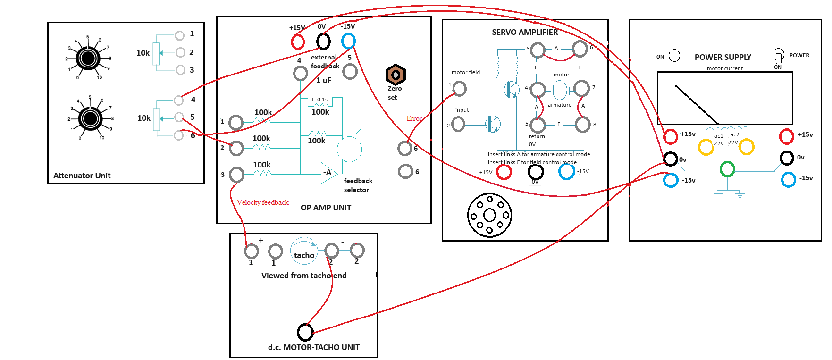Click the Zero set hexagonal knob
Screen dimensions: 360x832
point(395,75)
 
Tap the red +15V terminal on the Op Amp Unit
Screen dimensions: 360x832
point(298,42)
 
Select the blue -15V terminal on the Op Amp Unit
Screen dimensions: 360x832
point(348,41)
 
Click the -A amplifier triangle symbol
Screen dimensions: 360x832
point(327,173)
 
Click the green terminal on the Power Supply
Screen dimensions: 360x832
point(727,169)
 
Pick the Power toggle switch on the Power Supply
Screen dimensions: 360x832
point(778,56)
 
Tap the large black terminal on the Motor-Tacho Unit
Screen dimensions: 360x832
point(305,332)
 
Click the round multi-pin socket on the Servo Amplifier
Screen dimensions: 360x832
point(489,215)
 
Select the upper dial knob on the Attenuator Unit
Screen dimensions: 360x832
point(88,58)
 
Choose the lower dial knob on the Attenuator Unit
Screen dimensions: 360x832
point(90,118)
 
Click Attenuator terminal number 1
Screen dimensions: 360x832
point(179,35)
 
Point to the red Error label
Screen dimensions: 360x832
point(414,118)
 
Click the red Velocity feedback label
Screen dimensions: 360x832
point(262,202)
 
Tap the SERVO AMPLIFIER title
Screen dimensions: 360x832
point(525,32)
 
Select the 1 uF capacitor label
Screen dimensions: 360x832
point(324,80)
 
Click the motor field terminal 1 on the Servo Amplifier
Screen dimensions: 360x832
point(459,88)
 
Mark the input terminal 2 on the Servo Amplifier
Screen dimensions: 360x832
point(458,125)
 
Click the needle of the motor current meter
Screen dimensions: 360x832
point(696,104)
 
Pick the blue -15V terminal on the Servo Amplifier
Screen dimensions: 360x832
point(566,171)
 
